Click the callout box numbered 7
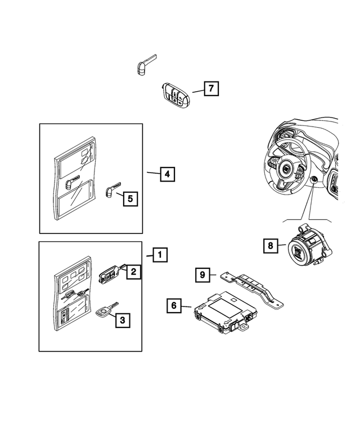(211, 88)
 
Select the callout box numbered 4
(166, 174)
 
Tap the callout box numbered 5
(130, 198)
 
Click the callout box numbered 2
(133, 272)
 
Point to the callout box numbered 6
(174, 305)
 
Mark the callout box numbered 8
(271, 246)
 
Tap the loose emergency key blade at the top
(143, 65)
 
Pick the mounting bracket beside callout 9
(253, 285)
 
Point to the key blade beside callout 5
(112, 187)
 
